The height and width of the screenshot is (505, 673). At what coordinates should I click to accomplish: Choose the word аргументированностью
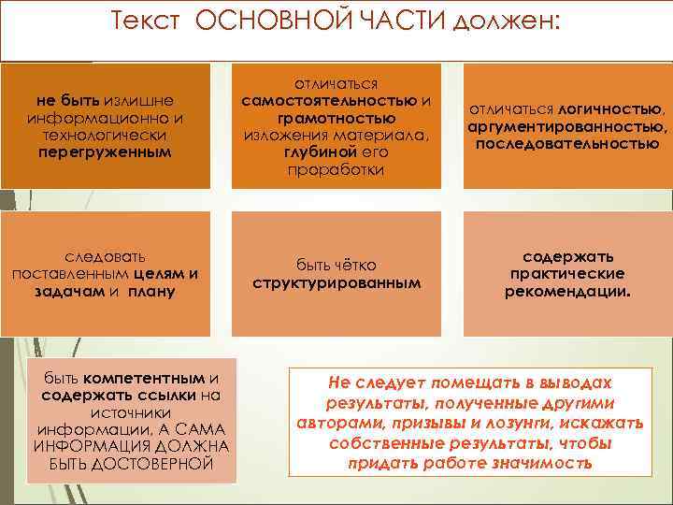567,126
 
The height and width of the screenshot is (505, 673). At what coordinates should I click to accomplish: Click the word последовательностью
567,144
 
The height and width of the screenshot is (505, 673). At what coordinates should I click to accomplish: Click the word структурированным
336,282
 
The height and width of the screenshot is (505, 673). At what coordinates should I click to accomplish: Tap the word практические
567,273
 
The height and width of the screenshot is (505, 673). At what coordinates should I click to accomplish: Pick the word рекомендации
567,291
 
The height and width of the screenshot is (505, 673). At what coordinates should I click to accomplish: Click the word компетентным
143,378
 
